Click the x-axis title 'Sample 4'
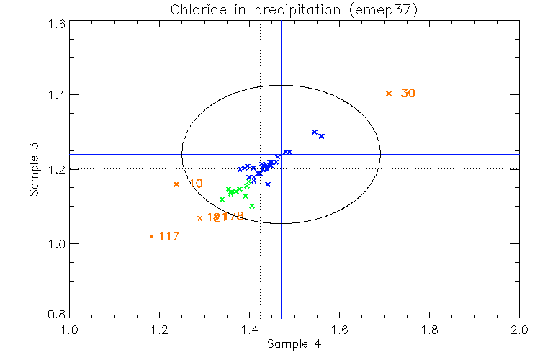coord(294,344)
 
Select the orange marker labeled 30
coord(389,94)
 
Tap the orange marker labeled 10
coord(176,184)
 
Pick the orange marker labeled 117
coord(151,236)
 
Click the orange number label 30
coord(408,94)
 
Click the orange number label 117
coord(168,236)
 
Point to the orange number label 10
coord(195,184)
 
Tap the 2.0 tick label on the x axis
coord(519,330)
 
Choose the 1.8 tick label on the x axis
coord(429,330)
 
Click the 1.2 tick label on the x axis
coord(159,330)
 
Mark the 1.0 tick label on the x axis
coord(69,330)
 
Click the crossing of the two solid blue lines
coord(281,154)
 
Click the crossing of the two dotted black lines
coord(260,168)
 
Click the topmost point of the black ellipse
coord(281,85)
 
